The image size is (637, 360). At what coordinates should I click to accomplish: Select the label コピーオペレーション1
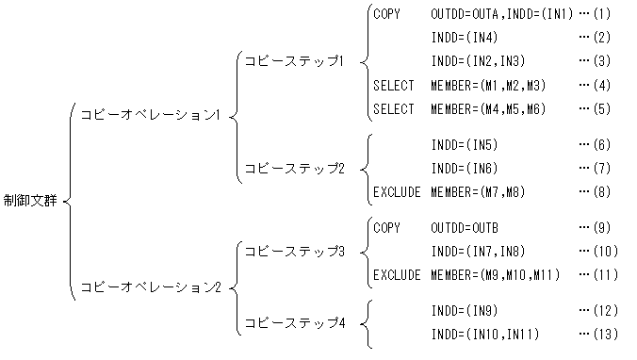[152, 115]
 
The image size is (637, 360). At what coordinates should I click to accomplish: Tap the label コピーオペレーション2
[152, 286]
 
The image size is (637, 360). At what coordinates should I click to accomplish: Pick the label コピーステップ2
[294, 169]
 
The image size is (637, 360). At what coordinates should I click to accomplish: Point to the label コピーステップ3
[294, 252]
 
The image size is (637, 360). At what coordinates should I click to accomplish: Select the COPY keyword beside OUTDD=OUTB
[387, 228]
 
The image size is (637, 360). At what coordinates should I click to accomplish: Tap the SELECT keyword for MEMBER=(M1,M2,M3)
[394, 86]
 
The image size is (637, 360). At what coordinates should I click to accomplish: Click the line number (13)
[603, 335]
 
